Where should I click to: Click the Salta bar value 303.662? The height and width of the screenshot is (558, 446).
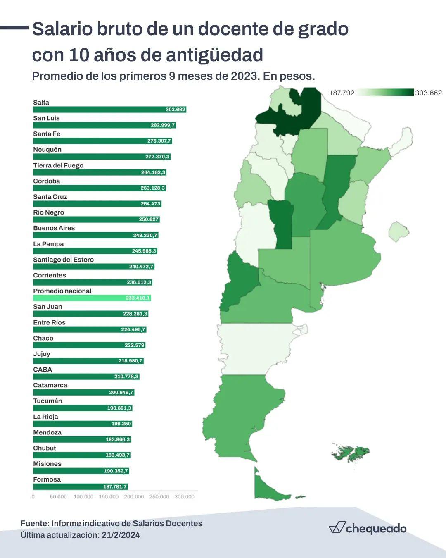pyautogui.click(x=175, y=110)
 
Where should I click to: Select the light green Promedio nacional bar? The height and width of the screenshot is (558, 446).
pyautogui.click(x=92, y=298)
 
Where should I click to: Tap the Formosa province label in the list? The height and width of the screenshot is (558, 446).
pyautogui.click(x=47, y=479)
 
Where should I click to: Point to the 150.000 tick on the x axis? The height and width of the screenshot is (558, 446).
pyautogui.click(x=109, y=497)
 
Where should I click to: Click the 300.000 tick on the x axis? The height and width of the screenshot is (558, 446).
pyautogui.click(x=184, y=497)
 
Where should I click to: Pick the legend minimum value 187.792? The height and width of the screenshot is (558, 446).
pyautogui.click(x=342, y=93)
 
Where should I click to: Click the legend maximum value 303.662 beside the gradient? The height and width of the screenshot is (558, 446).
pyautogui.click(x=428, y=93)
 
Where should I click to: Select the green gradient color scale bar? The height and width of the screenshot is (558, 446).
pyautogui.click(x=384, y=93)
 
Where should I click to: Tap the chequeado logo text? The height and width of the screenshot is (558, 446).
pyautogui.click(x=376, y=529)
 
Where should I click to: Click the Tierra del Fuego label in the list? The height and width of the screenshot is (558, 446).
pyautogui.click(x=58, y=165)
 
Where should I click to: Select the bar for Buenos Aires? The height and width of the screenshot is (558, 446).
pyautogui.click(x=95, y=235)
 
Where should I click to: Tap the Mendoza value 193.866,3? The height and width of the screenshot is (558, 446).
pyautogui.click(x=117, y=439)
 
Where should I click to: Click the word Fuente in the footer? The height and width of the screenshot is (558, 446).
pyautogui.click(x=34, y=523)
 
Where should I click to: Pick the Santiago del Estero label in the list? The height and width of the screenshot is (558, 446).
pyautogui.click(x=63, y=260)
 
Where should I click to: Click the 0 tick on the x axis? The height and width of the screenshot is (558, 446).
pyautogui.click(x=33, y=497)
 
